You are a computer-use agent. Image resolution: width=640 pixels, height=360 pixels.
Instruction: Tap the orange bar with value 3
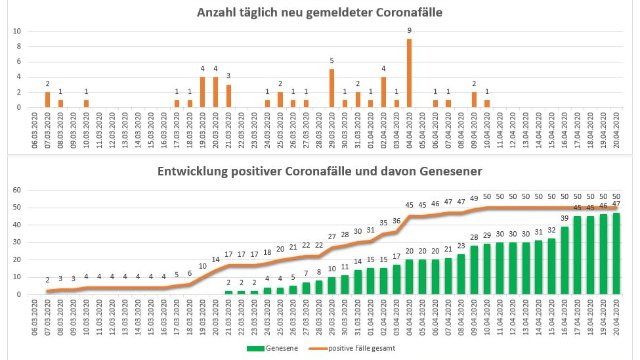pos(228,96)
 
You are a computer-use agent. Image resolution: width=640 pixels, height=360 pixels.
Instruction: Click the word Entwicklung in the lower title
pos(197,172)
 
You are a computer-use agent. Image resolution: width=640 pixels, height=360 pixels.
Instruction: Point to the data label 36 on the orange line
pos(397,221)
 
